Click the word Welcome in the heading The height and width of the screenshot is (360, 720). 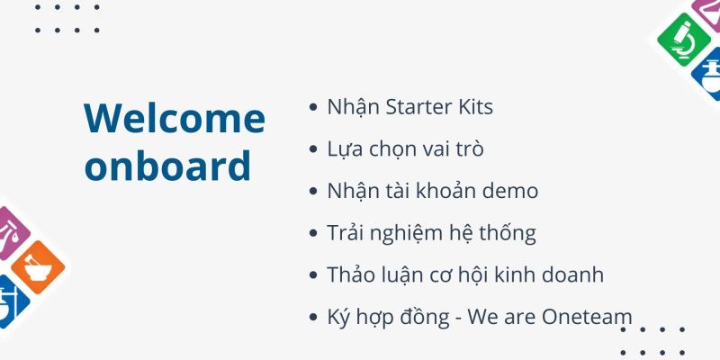[x=175, y=118]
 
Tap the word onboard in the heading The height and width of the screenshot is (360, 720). [x=167, y=165]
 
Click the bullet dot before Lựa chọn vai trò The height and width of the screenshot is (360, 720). [x=313, y=149]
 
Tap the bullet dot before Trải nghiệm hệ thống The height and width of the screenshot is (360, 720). [x=313, y=233]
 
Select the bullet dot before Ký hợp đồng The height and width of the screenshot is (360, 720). [x=313, y=318]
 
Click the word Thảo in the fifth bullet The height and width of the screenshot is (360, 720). [x=348, y=275]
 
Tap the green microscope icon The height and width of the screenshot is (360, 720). [x=683, y=40]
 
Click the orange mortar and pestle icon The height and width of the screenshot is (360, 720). [x=38, y=267]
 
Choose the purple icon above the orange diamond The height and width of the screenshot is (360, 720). [x=12, y=233]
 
